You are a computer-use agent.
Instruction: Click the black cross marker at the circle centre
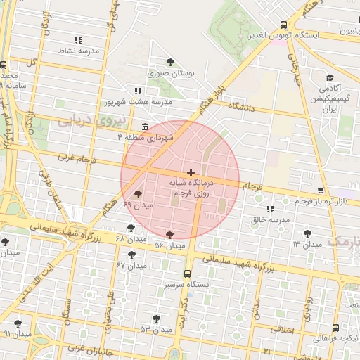(x=191, y=172)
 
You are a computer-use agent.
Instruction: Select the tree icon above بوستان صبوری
(x=170, y=62)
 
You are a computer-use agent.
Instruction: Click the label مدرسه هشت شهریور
(x=139, y=103)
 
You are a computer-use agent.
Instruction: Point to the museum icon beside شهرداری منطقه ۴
(x=145, y=127)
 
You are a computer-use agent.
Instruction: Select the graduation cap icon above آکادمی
(x=328, y=78)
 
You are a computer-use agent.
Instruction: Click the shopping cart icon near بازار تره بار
(x=321, y=191)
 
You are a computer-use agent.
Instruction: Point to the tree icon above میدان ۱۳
(x=307, y=233)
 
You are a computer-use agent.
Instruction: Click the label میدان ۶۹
(x=137, y=205)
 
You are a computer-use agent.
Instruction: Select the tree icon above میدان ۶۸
(x=130, y=229)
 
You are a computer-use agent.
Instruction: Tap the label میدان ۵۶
(x=169, y=245)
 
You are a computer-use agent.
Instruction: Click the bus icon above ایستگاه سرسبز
(x=187, y=274)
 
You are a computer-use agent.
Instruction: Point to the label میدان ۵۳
(x=155, y=329)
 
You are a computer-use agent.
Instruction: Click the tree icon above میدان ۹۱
(x=18, y=323)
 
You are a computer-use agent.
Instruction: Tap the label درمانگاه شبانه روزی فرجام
(x=191, y=187)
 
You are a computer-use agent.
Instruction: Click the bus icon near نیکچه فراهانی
(x=335, y=327)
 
